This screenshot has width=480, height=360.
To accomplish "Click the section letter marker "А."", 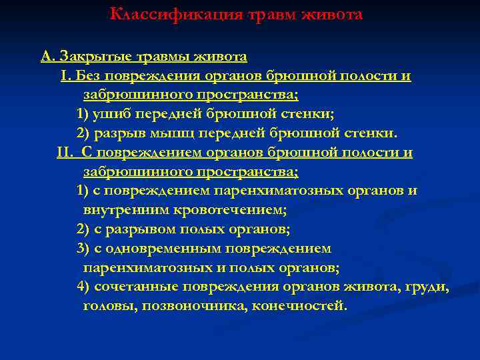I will click(48, 56).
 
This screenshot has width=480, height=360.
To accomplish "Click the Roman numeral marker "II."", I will click(68, 153).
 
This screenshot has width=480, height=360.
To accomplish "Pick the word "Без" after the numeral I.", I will click(93, 75).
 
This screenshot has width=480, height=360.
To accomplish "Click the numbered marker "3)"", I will click(83, 249).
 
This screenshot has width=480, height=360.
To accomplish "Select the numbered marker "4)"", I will click(83, 287).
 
